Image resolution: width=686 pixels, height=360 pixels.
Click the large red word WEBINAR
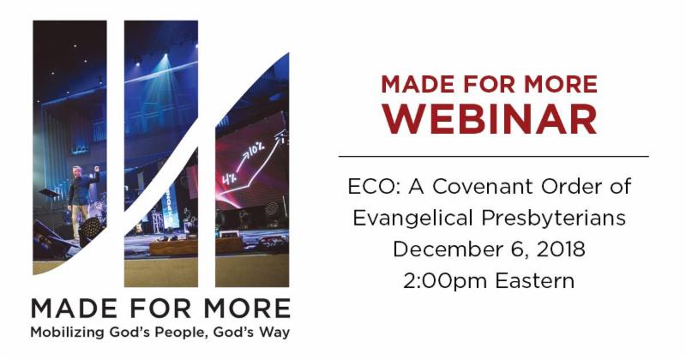point(490,119)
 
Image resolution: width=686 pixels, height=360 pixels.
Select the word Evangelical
point(412,219)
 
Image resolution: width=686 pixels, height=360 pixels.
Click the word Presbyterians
point(553,219)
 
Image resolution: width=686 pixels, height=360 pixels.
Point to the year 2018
point(561,249)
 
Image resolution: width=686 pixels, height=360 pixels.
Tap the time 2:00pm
point(445,281)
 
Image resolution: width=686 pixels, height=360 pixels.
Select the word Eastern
point(534,281)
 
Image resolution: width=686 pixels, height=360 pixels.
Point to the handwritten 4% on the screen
point(230,178)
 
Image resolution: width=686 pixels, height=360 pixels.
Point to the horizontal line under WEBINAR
point(494,156)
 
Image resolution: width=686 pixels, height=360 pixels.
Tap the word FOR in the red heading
point(486,84)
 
